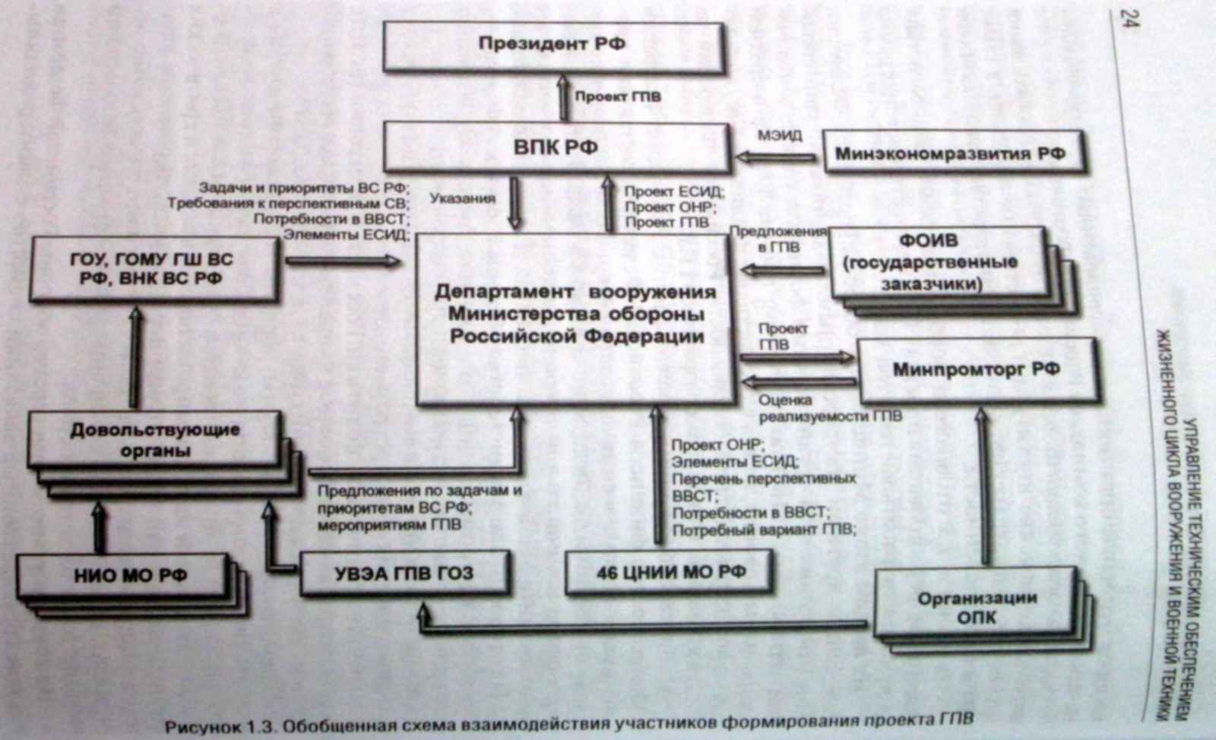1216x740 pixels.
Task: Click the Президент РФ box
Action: [552, 44]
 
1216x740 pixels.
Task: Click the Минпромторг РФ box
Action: [977, 371]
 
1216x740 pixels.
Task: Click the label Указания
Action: [462, 199]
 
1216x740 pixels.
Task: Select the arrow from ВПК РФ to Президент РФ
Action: [563, 97]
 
